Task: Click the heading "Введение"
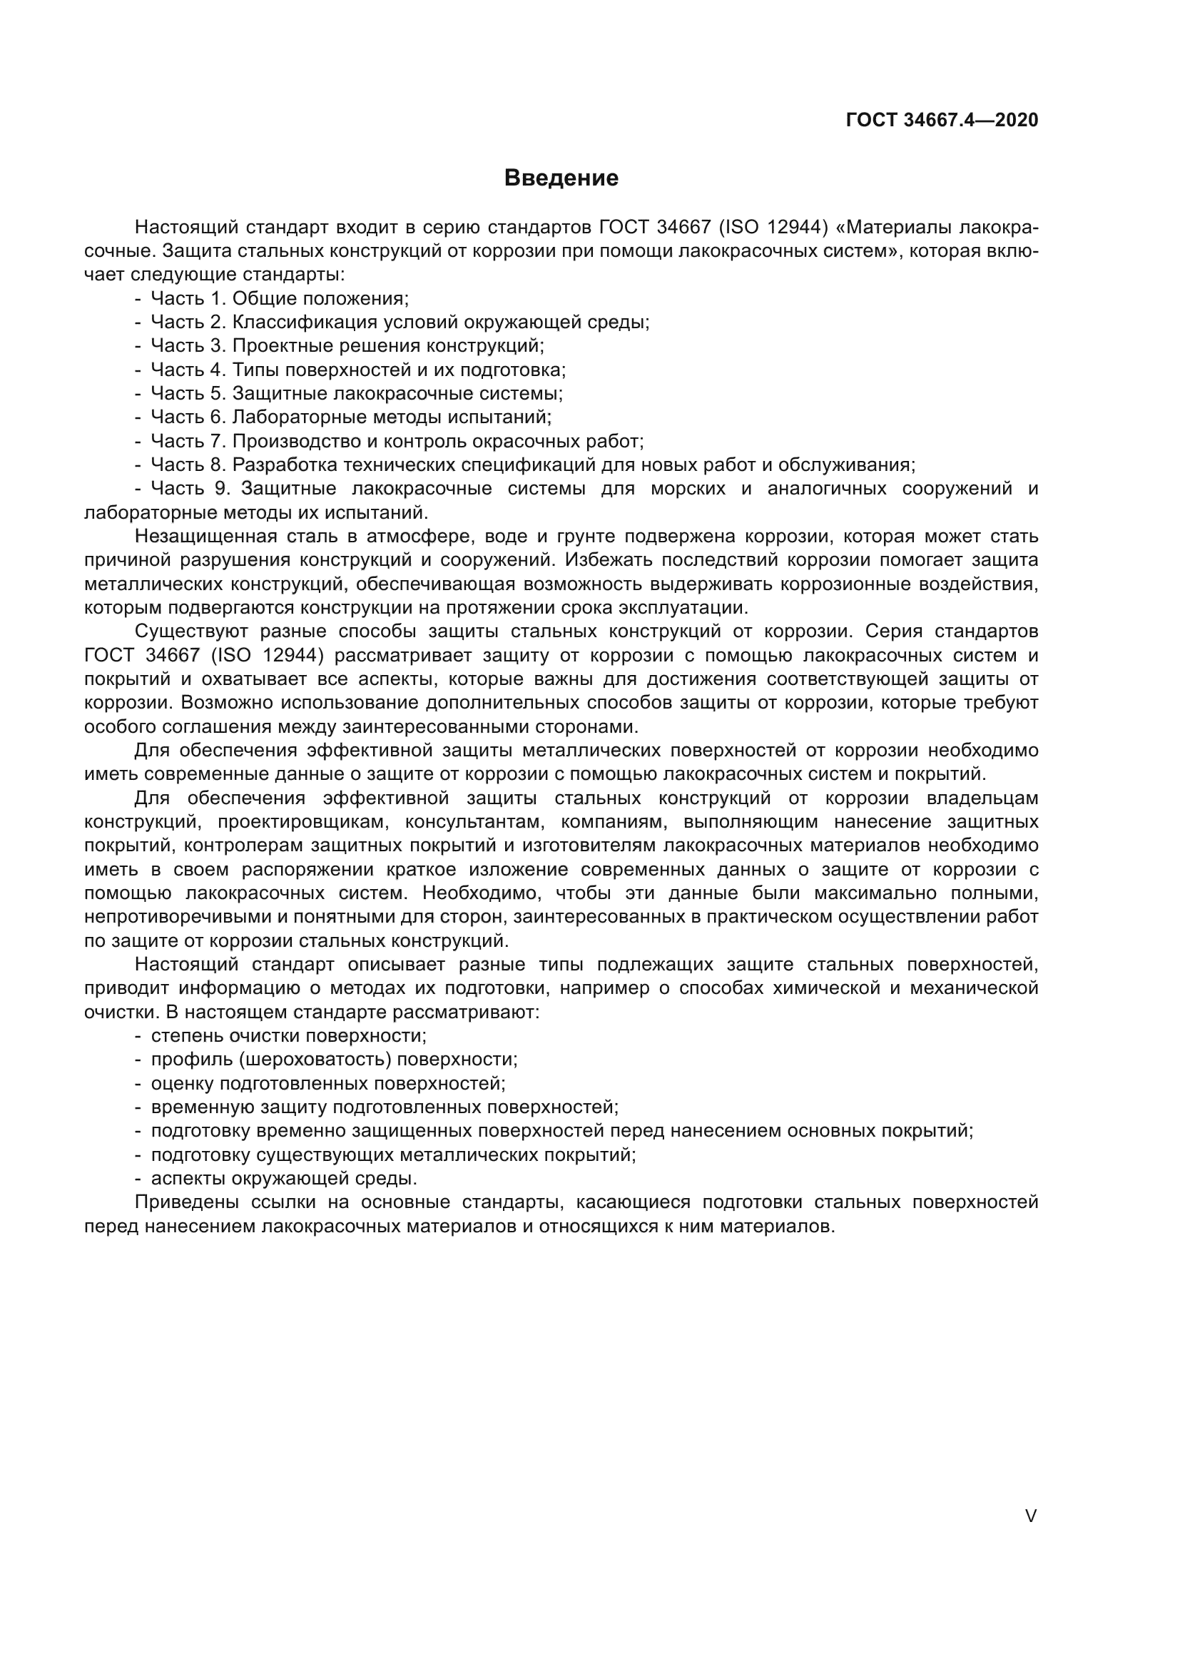coord(561,178)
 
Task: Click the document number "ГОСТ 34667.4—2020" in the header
coord(942,121)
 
